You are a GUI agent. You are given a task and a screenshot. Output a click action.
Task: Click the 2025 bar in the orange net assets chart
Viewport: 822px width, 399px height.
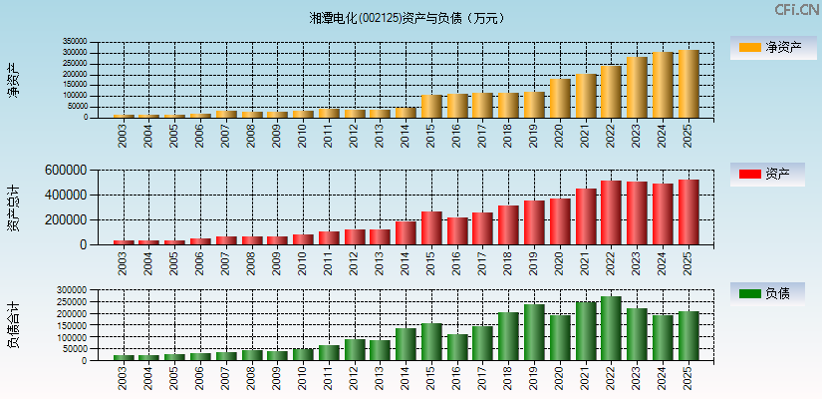pos(688,84)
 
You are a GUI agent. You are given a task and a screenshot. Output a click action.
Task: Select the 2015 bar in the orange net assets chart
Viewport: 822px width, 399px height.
pos(431,107)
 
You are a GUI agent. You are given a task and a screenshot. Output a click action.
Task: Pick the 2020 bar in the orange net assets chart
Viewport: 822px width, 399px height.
pos(560,99)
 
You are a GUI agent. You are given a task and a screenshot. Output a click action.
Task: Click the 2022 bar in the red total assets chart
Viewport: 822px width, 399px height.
pos(612,212)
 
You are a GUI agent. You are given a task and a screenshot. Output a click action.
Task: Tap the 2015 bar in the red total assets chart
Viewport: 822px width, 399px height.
pos(431,228)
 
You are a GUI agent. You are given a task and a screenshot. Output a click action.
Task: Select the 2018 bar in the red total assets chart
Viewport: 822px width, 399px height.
pos(508,225)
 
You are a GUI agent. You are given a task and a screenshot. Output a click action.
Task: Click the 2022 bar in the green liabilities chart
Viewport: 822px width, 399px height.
pos(612,328)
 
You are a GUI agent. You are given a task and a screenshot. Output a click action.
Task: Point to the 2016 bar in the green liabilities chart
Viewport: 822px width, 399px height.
pos(457,347)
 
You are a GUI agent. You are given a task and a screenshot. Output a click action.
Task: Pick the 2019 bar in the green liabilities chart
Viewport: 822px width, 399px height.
pos(534,332)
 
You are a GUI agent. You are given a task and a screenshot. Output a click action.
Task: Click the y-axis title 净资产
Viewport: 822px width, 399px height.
pos(14,80)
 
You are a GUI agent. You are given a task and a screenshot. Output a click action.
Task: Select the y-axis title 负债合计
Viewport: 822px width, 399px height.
pos(14,325)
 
